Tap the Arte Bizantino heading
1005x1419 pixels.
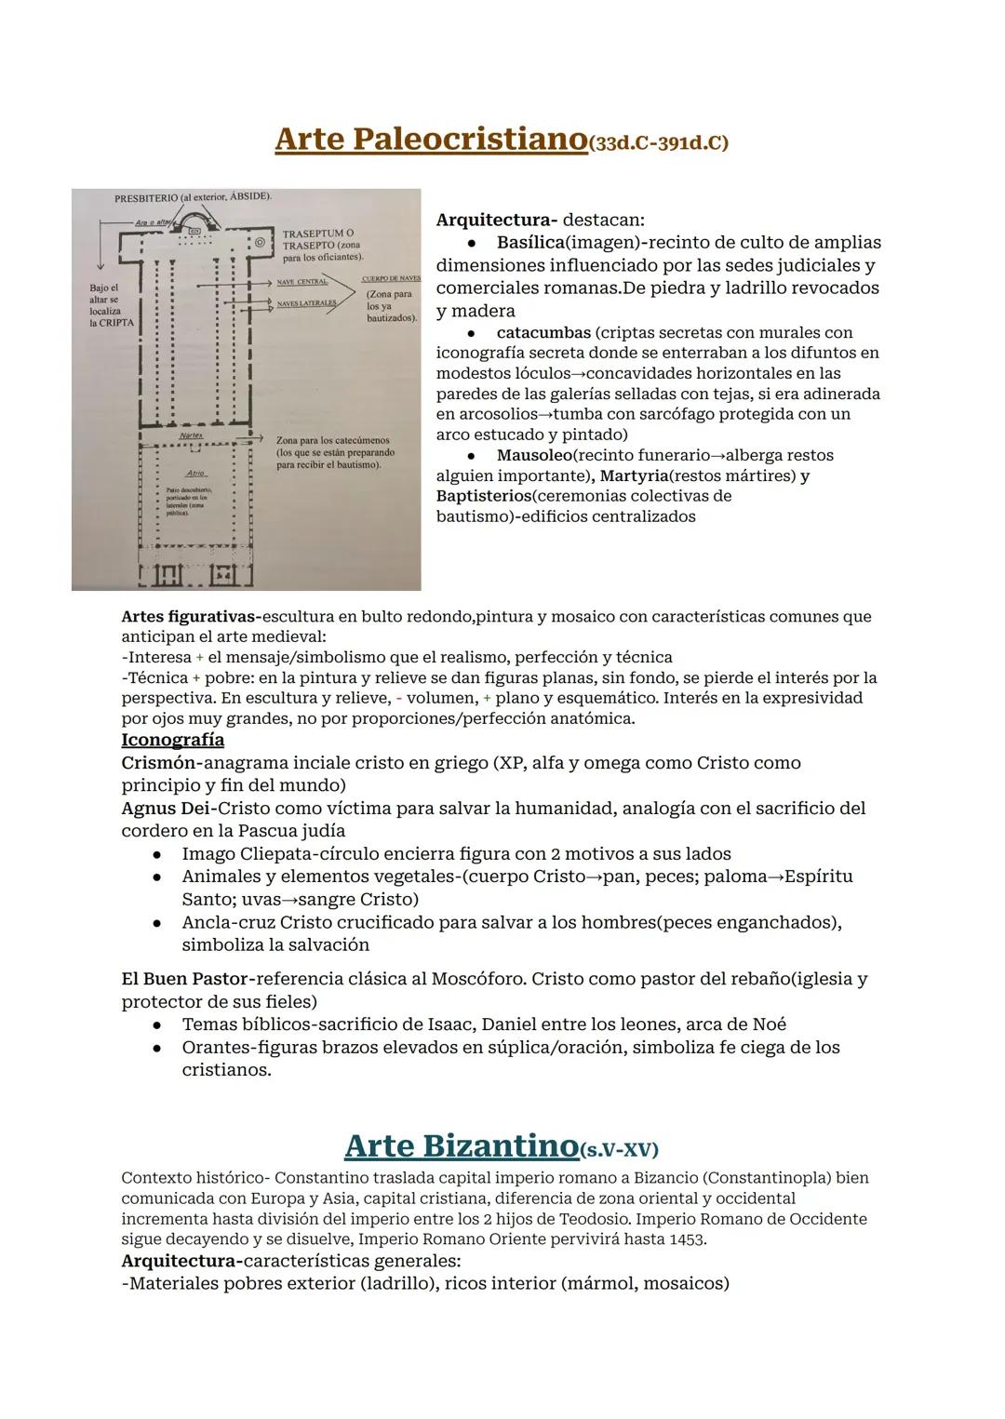[x=461, y=1145]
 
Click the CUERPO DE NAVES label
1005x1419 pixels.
[x=390, y=278]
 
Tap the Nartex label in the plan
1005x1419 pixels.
[x=191, y=435]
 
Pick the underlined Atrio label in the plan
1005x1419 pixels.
[x=194, y=473]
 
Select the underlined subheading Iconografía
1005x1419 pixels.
[x=172, y=740]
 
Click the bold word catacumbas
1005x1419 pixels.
[x=543, y=332]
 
